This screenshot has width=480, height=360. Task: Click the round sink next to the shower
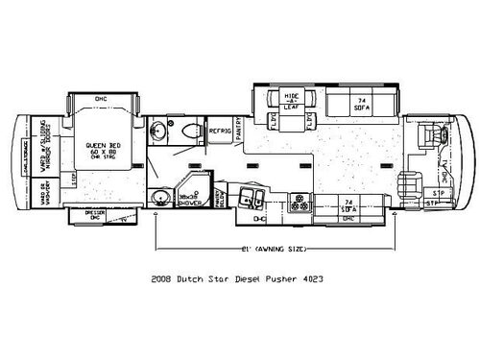pyautogui.click(x=159, y=198)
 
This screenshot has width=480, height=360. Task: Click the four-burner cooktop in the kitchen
pyautogui.click(x=300, y=203)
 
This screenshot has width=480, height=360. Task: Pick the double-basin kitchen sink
pyautogui.click(x=257, y=199)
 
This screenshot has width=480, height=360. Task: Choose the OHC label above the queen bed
pyautogui.click(x=101, y=99)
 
